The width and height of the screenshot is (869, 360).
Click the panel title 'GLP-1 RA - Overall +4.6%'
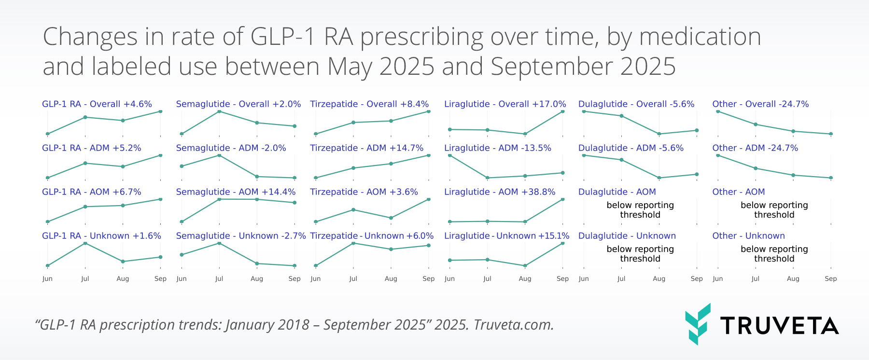[97, 104]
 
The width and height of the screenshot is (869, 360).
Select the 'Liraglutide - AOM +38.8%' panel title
[500, 192]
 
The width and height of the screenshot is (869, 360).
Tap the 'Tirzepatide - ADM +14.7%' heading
[366, 148]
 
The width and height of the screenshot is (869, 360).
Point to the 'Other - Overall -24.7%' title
[760, 104]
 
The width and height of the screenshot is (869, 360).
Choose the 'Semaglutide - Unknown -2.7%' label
[241, 236]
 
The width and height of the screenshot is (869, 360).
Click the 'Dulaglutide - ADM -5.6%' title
[631, 148]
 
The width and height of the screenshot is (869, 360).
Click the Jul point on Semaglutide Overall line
[219, 111]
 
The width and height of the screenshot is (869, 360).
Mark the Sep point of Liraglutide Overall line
[563, 111]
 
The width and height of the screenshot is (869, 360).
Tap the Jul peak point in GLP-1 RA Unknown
[85, 243]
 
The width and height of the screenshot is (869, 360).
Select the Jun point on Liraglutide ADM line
[450, 155]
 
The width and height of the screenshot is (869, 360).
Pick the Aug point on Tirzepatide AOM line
[391, 218]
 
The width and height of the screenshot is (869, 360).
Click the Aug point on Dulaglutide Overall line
[659, 134]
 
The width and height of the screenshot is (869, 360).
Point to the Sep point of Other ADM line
[831, 178]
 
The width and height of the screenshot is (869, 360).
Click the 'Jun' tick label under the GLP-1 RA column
[47, 279]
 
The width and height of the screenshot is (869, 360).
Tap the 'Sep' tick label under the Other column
[830, 279]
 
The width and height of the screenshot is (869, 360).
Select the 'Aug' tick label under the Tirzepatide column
[391, 279]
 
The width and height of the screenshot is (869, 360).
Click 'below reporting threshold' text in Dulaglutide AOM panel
[640, 210]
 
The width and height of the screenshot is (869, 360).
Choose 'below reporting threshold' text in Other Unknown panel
[774, 254]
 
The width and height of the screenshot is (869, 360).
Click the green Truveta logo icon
[698, 324]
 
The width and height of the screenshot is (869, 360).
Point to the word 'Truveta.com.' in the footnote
[514, 325]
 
